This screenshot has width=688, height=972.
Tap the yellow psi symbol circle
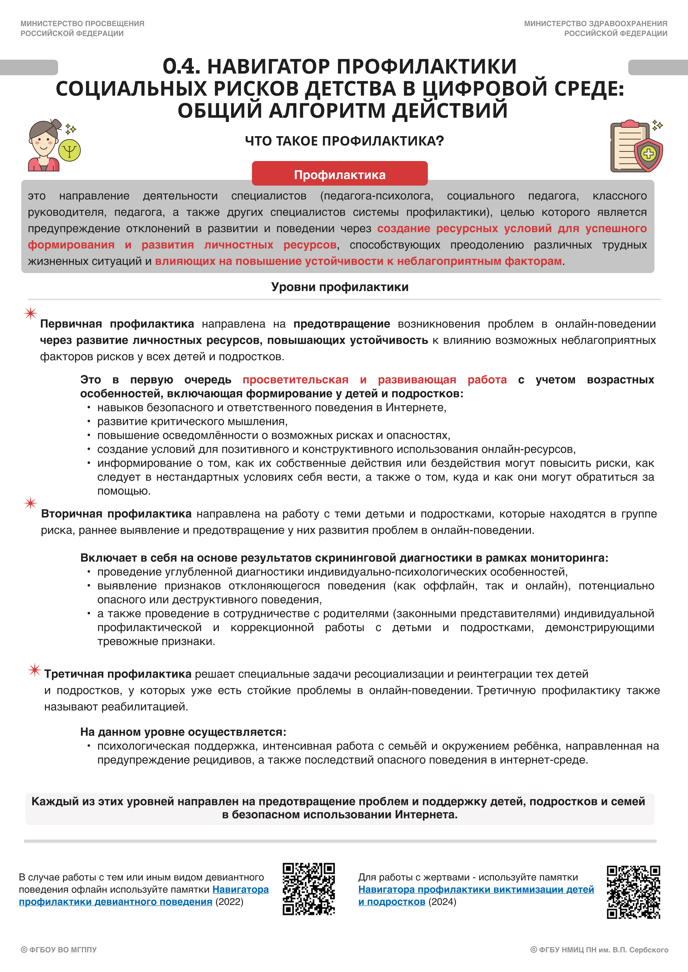[x=70, y=151]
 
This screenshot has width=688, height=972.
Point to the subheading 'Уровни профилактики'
[x=340, y=287]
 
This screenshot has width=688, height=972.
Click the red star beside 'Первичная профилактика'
[x=30, y=313]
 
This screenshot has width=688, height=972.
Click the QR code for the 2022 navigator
[x=309, y=889]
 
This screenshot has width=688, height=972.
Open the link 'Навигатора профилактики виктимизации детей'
[x=476, y=889]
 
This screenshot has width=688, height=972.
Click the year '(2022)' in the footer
[x=229, y=902]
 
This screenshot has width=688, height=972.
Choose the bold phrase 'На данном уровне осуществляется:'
[x=183, y=732]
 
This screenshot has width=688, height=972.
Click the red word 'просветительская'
[x=295, y=380]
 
